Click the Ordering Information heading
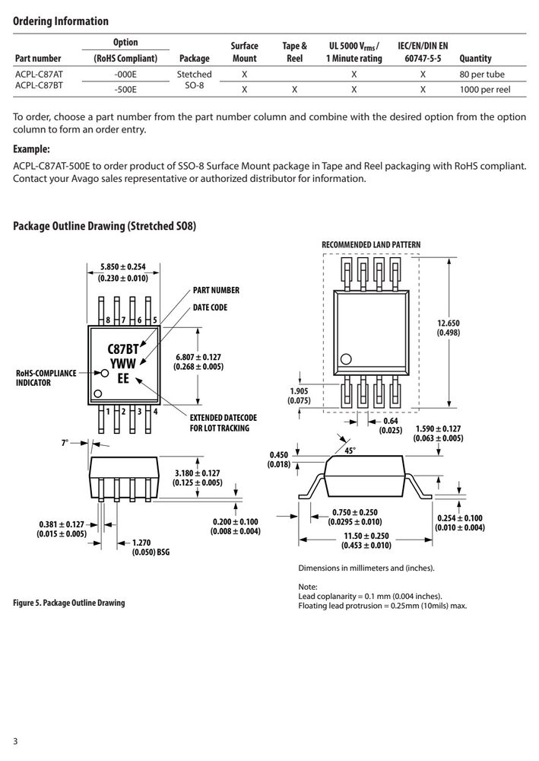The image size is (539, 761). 61,21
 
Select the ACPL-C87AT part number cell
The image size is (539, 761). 39,75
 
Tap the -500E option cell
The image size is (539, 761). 125,89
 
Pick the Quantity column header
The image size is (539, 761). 475,59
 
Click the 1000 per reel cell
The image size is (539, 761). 485,89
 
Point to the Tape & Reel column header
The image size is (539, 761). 295,52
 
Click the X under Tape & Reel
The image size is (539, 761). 295,89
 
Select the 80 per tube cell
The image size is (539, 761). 482,75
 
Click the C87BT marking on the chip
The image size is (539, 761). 123,349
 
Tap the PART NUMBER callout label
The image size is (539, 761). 216,290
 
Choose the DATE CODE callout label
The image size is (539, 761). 210,307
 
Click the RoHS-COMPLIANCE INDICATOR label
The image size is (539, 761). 46,377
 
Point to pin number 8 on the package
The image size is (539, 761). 108,320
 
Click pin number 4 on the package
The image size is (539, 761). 155,412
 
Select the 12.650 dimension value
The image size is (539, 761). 449,323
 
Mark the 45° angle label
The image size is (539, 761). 350,451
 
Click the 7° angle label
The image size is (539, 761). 65,443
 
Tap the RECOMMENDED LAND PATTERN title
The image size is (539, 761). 371,244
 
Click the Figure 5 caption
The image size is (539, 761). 69,603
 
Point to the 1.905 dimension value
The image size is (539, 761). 299,391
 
